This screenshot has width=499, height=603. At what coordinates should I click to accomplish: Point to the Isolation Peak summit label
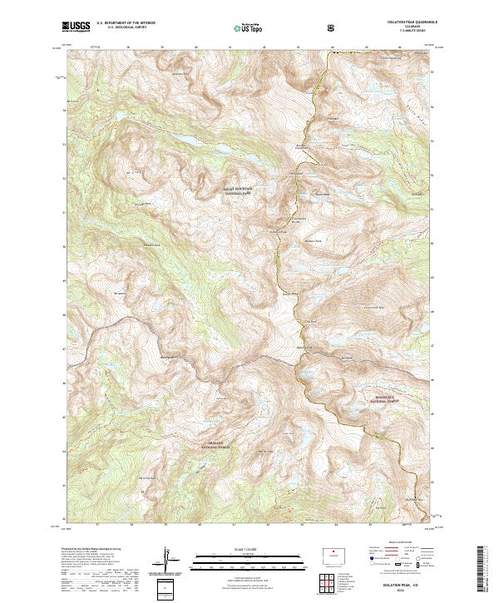[277, 231]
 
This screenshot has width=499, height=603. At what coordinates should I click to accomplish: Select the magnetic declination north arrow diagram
[166, 561]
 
